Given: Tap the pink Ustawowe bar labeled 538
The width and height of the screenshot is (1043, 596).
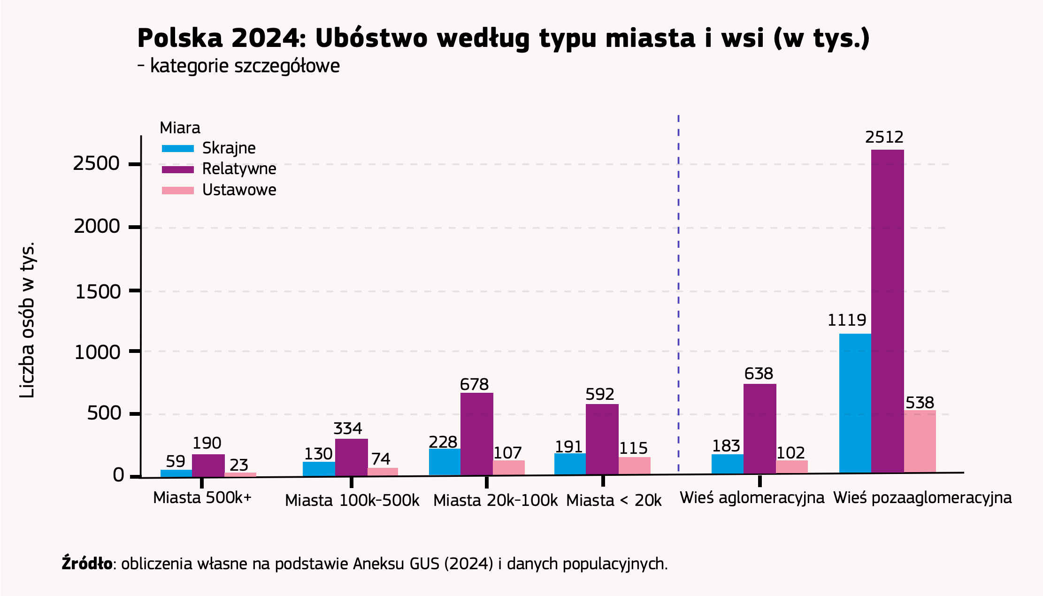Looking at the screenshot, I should pyautogui.click(x=920, y=441).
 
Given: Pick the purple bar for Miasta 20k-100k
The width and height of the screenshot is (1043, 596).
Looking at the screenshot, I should pyautogui.click(x=476, y=434).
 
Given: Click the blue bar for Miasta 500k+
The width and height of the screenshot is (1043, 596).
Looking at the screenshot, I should pyautogui.click(x=176, y=473).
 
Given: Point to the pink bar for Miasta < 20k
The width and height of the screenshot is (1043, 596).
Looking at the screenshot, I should pyautogui.click(x=634, y=466).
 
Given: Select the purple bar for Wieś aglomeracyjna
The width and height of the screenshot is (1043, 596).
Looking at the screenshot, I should pyautogui.click(x=759, y=428).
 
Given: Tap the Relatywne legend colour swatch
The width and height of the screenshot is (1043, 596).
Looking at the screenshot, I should pyautogui.click(x=177, y=169).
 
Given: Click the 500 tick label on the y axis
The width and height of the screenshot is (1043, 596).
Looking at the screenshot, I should pyautogui.click(x=104, y=414).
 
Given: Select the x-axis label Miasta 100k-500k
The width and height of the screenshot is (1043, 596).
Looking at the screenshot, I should pyautogui.click(x=352, y=501).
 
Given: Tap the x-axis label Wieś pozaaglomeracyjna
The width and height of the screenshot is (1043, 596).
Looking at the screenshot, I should pyautogui.click(x=922, y=498).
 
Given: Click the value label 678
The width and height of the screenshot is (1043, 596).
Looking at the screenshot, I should pyautogui.click(x=474, y=385).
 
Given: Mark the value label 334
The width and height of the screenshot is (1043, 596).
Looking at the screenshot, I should pyautogui.click(x=347, y=429).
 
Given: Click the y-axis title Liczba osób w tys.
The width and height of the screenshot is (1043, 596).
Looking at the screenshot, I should pyautogui.click(x=27, y=320).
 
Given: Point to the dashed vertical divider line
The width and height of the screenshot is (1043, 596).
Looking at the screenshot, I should pyautogui.click(x=678, y=291).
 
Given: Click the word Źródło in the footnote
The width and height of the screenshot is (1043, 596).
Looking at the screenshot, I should pyautogui.click(x=87, y=564).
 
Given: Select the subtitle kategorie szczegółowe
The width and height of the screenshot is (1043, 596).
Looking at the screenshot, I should pyautogui.click(x=244, y=66).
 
